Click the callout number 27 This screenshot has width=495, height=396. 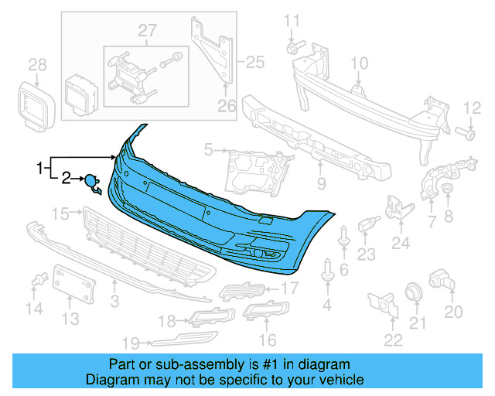pyautogui.click(x=147, y=30)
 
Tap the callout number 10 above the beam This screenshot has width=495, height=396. pyautogui.click(x=360, y=63)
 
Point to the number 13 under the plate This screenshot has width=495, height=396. pyautogui.click(x=70, y=318)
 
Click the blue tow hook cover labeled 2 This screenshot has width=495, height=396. pyautogui.click(x=92, y=183)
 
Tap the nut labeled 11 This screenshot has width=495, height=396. pyautogui.click(x=292, y=48)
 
